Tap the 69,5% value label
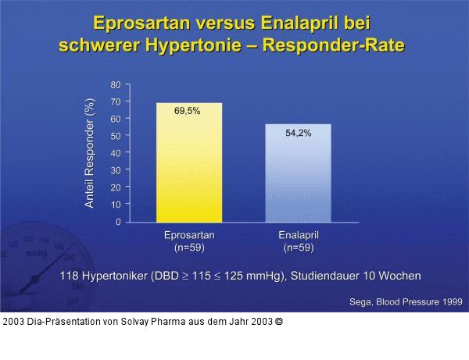pos(187,111)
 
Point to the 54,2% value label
pos(298,133)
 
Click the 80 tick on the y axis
pos(116,84)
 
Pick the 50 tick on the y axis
pos(116,136)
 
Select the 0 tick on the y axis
pos(118,222)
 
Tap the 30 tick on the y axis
pos(116,170)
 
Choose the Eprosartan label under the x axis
pos(189,235)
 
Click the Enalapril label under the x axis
pos(298,235)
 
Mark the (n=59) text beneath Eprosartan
pos(189,248)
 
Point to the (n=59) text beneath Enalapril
pos(298,248)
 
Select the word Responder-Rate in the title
pos(335,45)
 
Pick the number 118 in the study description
pos(70,276)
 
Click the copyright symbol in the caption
pos(279,321)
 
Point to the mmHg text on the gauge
pos(36,254)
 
